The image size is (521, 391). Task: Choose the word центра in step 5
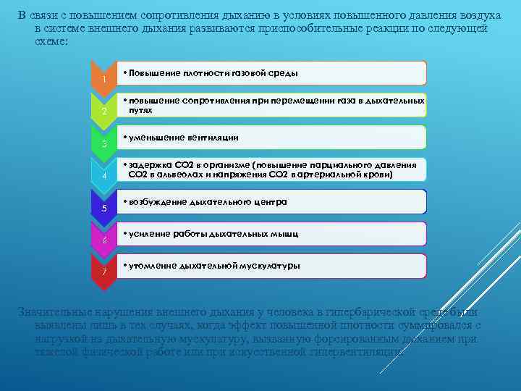point(272,202)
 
